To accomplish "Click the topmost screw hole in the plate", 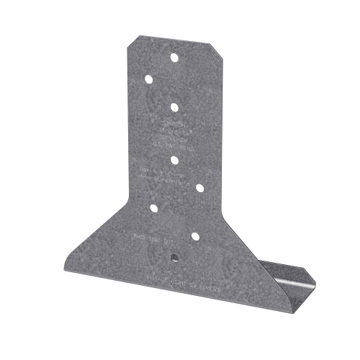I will pyautogui.click(x=174, y=57).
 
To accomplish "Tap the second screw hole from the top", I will pyautogui.click(x=148, y=78).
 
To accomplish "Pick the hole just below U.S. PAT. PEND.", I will pyautogui.click(x=175, y=160).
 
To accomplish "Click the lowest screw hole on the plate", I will pyautogui.click(x=174, y=256).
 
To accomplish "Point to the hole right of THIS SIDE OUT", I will pyautogui.click(x=195, y=236).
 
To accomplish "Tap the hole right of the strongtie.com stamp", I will pyautogui.click(x=200, y=189).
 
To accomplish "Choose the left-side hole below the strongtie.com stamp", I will pyautogui.click(x=153, y=209).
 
